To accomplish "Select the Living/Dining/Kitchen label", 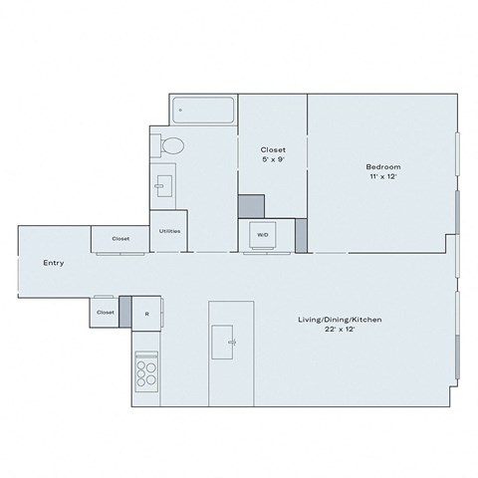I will [x=341, y=320].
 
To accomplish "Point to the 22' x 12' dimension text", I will [x=341, y=330].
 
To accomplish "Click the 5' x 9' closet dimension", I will [x=272, y=159].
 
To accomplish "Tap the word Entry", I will [x=54, y=264].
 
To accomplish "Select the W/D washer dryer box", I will [x=263, y=235].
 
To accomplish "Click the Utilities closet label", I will [x=169, y=231].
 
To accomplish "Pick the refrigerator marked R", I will [x=147, y=313].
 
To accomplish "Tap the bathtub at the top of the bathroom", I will [x=204, y=110].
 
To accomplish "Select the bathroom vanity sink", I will [x=163, y=184].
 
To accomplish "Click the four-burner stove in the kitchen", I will [x=146, y=371].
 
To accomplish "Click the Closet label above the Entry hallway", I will [x=120, y=239].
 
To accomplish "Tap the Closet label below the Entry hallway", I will [x=106, y=313].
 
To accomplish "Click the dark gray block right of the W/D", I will [x=302, y=235].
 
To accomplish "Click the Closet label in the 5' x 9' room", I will [x=272, y=149].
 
